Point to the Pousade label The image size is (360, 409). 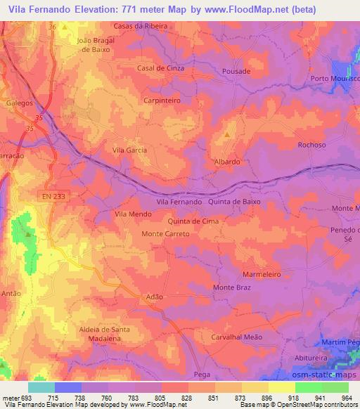point(236,72)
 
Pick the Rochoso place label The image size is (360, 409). point(311,145)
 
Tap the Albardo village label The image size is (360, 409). point(227,161)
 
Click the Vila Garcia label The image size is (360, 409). point(129,150)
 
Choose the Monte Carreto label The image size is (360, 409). point(166,233)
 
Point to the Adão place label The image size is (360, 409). point(153,297)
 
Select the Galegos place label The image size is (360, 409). point(18,103)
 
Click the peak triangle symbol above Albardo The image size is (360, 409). point(227,134)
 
